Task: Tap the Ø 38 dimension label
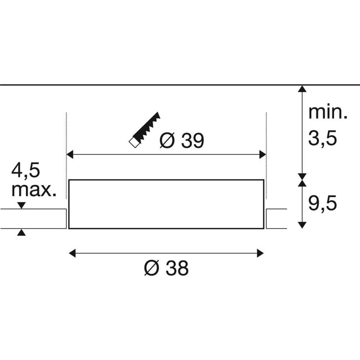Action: click(167, 268)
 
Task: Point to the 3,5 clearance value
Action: click(322, 138)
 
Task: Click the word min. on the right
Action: click(328, 112)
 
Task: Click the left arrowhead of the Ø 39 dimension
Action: click(71, 155)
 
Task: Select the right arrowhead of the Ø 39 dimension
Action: click(262, 155)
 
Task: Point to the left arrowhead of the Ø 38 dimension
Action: click(72, 253)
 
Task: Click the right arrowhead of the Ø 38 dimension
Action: click(260, 253)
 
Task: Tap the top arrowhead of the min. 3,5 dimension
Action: click(302, 89)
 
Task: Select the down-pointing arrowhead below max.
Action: click(22, 205)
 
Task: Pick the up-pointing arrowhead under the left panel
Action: click(22, 233)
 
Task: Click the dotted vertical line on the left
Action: click(67, 144)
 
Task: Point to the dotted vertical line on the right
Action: click(266, 144)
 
